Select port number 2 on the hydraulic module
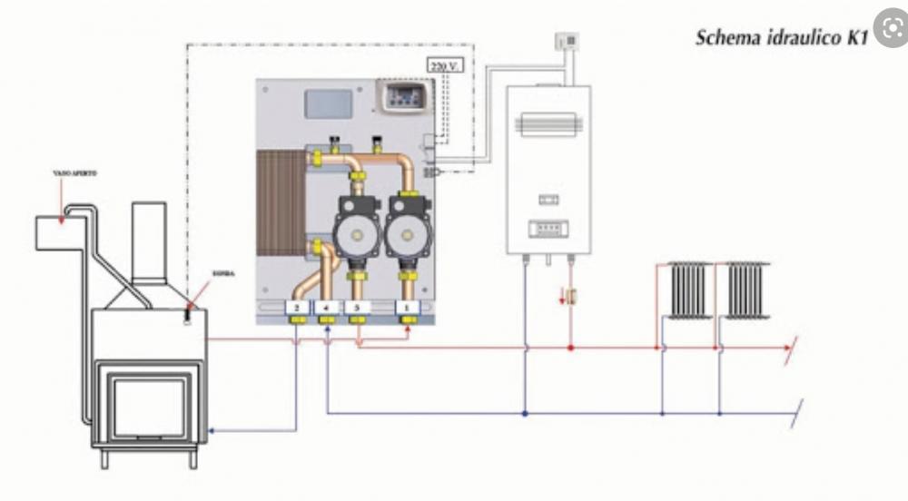pyautogui.click(x=296, y=309)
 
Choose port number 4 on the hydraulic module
pyautogui.click(x=327, y=309)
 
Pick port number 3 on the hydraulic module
pyautogui.click(x=357, y=309)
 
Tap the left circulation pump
pyautogui.click(x=356, y=233)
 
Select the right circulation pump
pyautogui.click(x=408, y=233)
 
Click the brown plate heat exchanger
pyautogui.click(x=282, y=204)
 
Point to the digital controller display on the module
pyautogui.click(x=403, y=95)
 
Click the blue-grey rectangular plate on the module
pyautogui.click(x=328, y=103)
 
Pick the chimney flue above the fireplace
pyautogui.click(x=150, y=239)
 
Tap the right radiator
pyautogui.click(x=746, y=290)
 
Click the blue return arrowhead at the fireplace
pyautogui.click(x=212, y=431)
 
